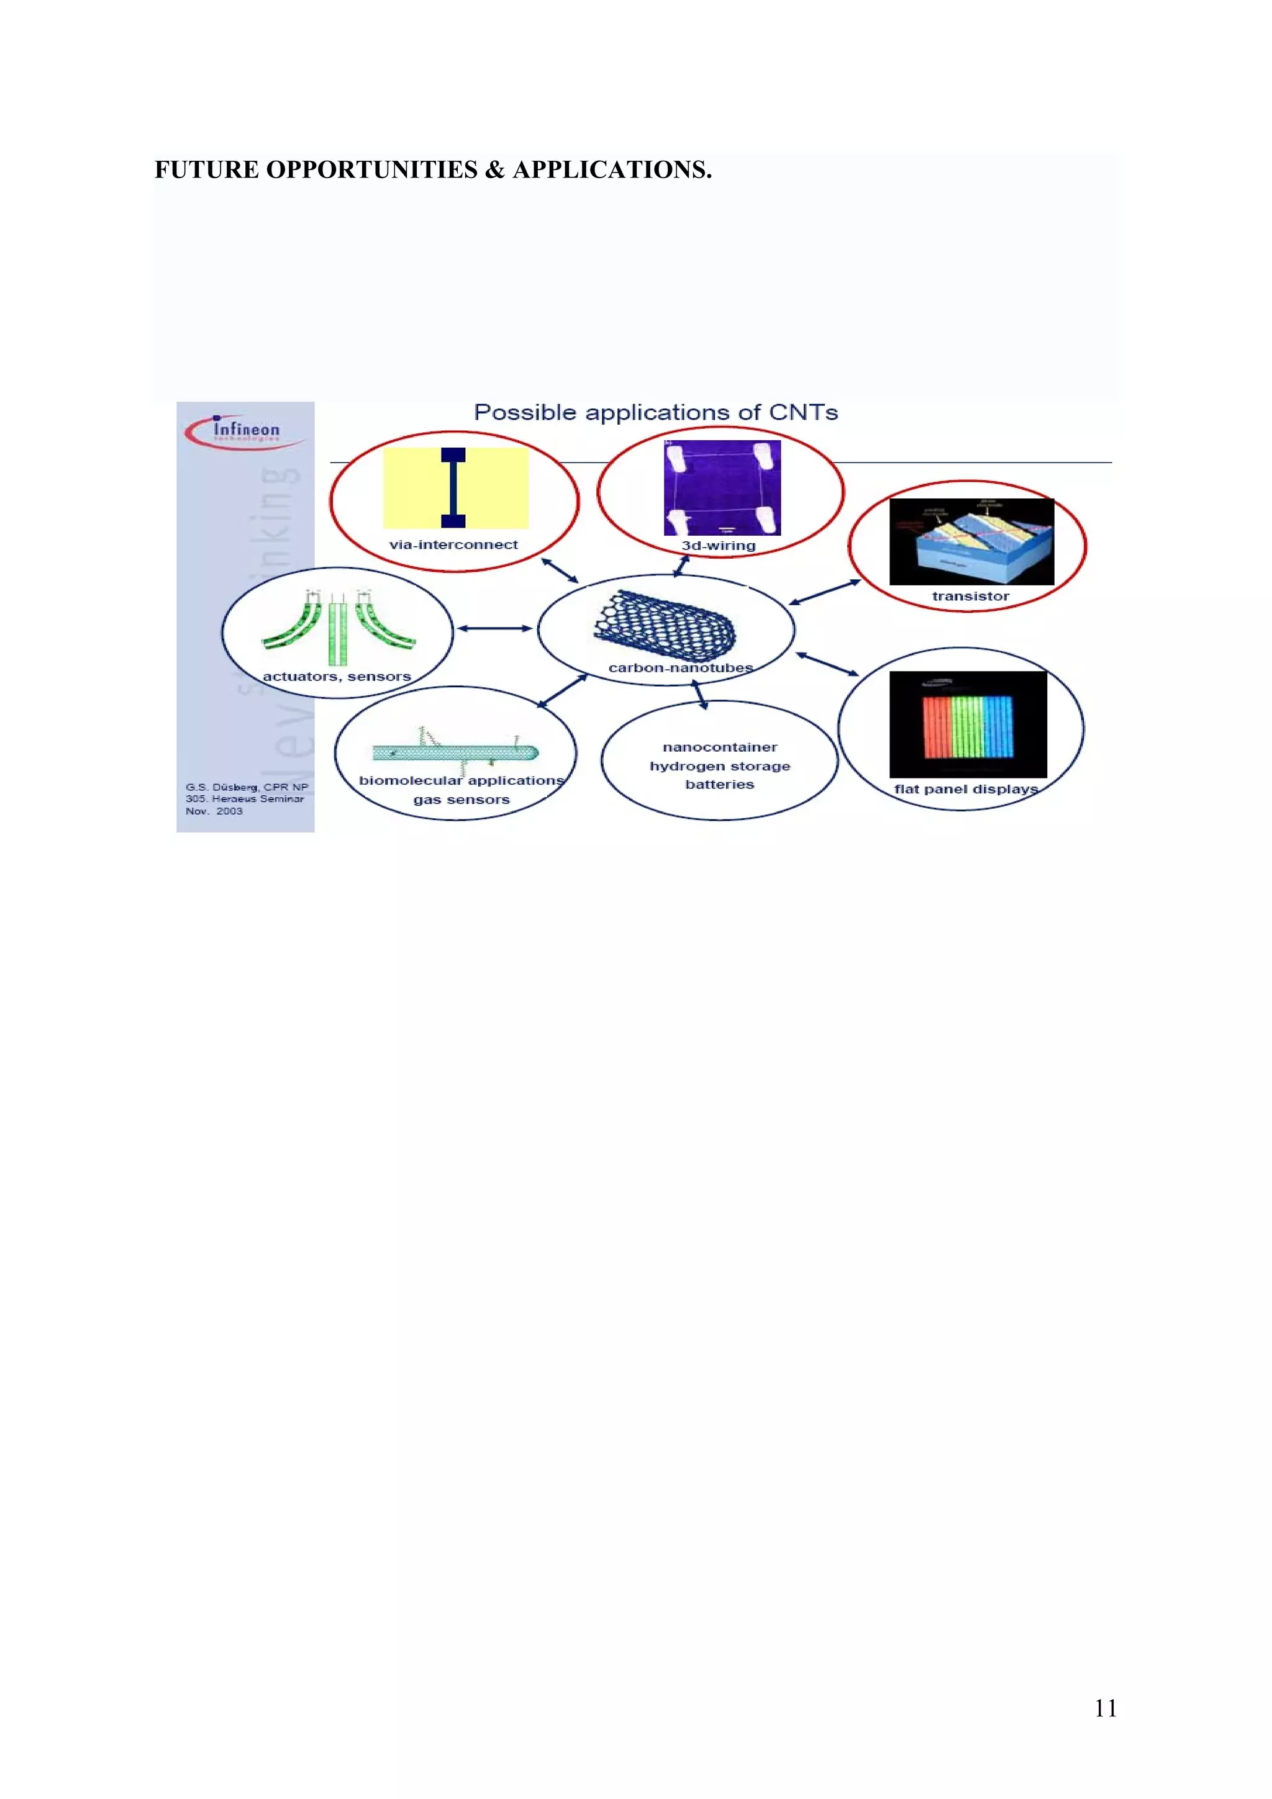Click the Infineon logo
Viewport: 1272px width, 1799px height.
pyautogui.click(x=245, y=431)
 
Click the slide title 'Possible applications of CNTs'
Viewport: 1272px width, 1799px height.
pyautogui.click(x=655, y=413)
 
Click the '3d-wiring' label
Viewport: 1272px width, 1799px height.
pyautogui.click(x=718, y=545)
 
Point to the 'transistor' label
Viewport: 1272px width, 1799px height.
pyautogui.click(x=970, y=597)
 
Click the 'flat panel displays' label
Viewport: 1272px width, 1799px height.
pyautogui.click(x=966, y=789)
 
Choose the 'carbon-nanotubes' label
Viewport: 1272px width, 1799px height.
pyautogui.click(x=680, y=667)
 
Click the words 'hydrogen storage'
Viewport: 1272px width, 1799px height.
pyautogui.click(x=719, y=766)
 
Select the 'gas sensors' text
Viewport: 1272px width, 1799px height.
pyautogui.click(x=461, y=800)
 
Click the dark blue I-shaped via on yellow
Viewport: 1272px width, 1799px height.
pyautogui.click(x=453, y=487)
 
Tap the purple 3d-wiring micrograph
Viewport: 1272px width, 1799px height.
pyautogui.click(x=722, y=487)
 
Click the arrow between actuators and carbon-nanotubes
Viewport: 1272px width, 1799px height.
pyautogui.click(x=494, y=628)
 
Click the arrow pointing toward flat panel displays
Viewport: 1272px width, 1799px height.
pyautogui.click(x=828, y=664)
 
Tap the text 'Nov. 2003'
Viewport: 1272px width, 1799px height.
pyautogui.click(x=214, y=811)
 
